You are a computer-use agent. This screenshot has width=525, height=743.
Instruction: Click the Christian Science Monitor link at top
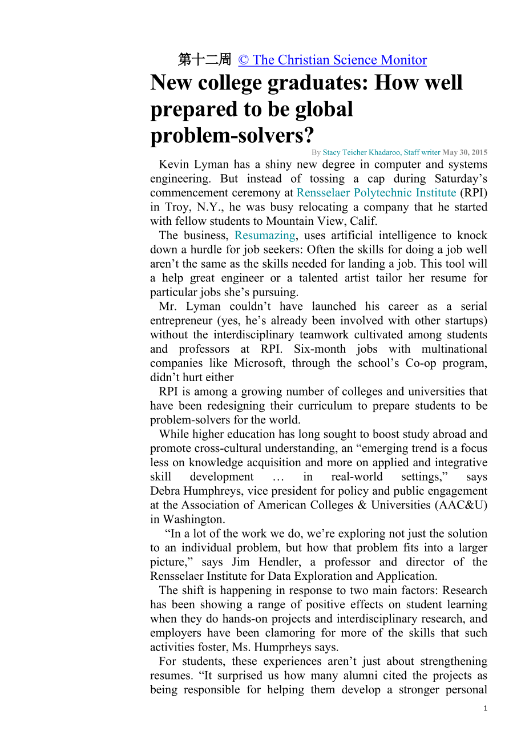pos(332,60)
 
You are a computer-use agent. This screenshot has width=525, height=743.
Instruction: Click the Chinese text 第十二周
pos(204,60)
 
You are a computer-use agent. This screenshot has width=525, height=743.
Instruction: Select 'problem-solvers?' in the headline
pos(232,135)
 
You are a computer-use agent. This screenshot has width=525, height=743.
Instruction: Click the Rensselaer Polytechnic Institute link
pos(376,193)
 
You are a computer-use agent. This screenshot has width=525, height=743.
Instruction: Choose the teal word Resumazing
pos(265,235)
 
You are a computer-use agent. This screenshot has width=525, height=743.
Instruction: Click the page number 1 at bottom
pos(485,708)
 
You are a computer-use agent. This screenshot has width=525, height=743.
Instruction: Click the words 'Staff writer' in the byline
pos(423,152)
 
